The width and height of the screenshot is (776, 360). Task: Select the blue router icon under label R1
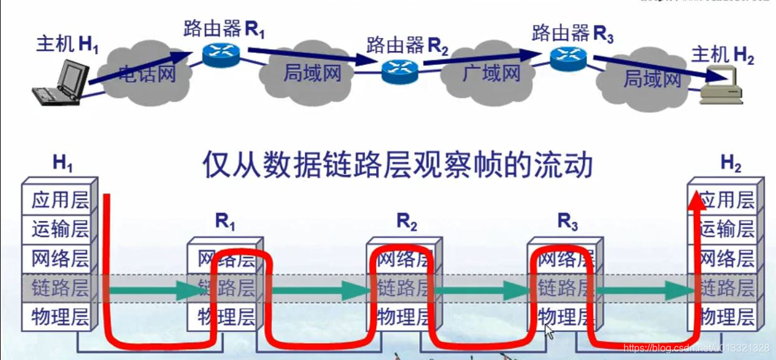220,55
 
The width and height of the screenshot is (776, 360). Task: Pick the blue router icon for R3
569,57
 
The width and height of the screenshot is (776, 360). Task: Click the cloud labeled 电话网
146,73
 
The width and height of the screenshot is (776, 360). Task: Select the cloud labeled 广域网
491,73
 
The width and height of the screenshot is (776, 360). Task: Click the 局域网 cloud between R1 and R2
311,73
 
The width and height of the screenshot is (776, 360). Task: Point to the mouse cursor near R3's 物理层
549,330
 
